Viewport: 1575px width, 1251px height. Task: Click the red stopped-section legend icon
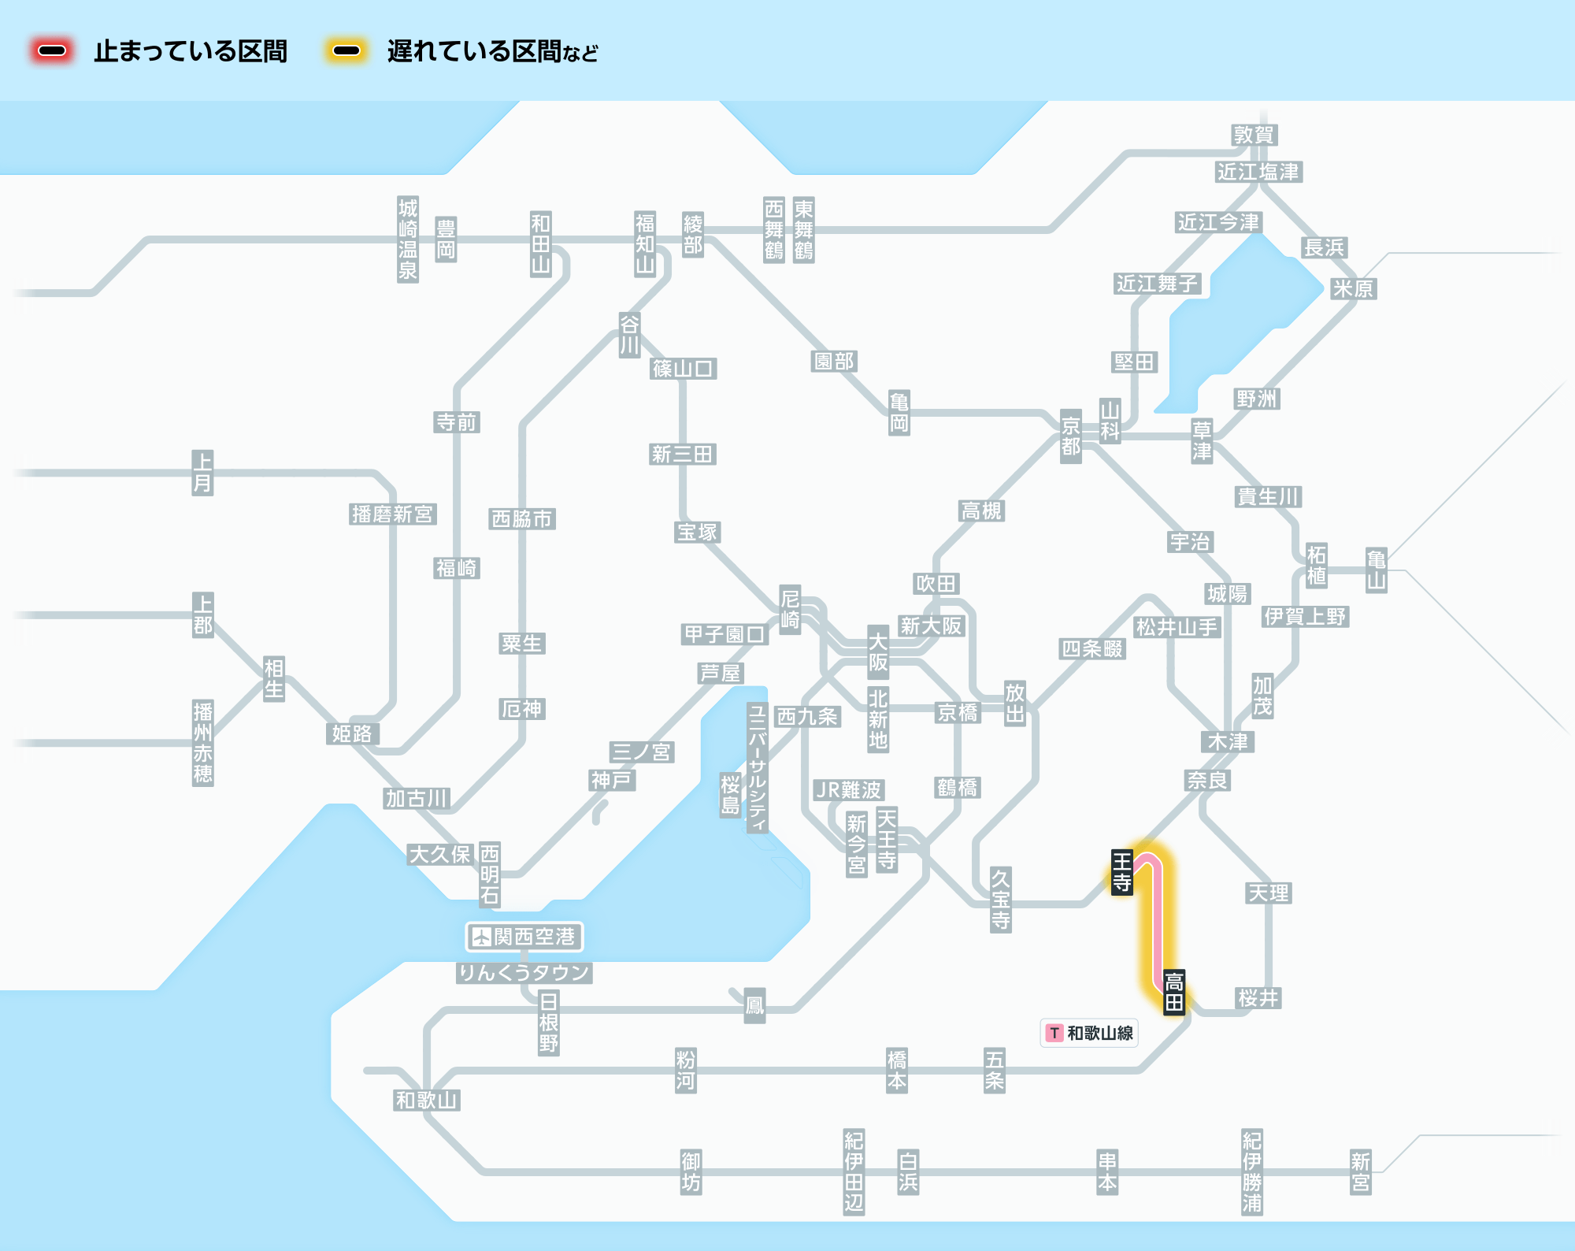click(52, 51)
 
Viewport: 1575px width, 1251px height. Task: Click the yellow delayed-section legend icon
click(346, 51)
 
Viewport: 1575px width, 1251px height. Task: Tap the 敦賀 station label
click(1254, 135)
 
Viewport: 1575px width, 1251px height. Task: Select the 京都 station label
click(1070, 436)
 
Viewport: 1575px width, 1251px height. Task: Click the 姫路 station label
click(352, 733)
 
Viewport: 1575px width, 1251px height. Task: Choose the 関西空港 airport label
click(524, 937)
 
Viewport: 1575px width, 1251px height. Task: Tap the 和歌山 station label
click(427, 1100)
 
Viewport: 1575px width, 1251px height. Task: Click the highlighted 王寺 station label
click(1121, 872)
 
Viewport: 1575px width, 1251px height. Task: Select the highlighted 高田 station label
click(1174, 992)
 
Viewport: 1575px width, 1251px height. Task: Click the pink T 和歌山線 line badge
click(1089, 1033)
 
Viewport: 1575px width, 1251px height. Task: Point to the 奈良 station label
click(1208, 780)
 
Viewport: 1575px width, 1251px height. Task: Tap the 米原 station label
click(1353, 288)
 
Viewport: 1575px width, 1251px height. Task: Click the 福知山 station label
click(645, 243)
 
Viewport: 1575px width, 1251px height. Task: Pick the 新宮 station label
click(1360, 1172)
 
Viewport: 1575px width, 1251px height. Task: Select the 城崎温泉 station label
click(407, 239)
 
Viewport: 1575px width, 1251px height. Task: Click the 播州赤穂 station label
click(202, 743)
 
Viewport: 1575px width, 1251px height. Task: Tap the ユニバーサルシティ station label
click(757, 768)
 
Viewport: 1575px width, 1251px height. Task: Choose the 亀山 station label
click(1376, 570)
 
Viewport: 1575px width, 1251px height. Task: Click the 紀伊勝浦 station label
click(1251, 1172)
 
